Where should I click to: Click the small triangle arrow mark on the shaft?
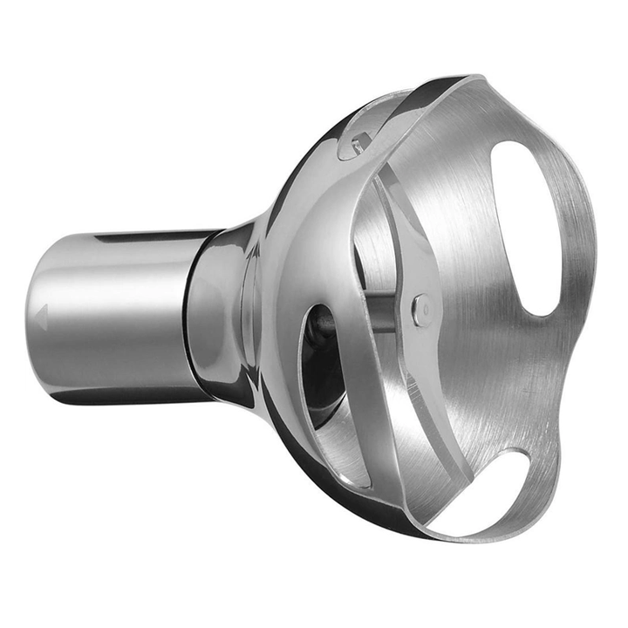(x=40, y=317)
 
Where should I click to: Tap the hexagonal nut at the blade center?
(x=421, y=311)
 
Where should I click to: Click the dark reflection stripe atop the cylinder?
(x=148, y=237)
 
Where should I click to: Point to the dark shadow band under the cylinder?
(x=131, y=394)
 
